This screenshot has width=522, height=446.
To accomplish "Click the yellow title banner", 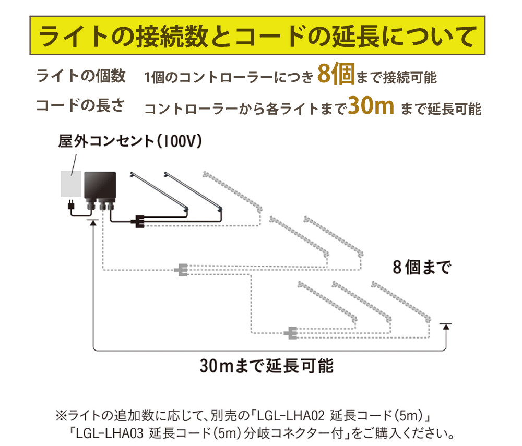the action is tap(257, 35).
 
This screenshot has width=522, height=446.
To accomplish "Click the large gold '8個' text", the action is tap(336, 74).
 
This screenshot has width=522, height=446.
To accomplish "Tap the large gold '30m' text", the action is tap(371, 106).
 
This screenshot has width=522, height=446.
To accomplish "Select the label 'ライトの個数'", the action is tap(81, 76).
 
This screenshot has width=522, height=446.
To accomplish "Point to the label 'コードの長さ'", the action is tap(80, 105).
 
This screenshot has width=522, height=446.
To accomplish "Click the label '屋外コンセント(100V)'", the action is tap(130, 141).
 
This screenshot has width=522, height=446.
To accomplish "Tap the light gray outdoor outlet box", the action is tap(71, 184).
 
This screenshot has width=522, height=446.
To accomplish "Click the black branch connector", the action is tap(139, 222).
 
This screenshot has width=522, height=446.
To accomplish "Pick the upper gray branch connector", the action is tap(182, 270).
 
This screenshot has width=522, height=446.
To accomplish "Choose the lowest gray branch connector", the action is tap(291, 333).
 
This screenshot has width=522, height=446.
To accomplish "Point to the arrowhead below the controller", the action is tap(93, 223).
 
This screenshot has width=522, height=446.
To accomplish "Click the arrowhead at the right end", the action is tap(446, 327).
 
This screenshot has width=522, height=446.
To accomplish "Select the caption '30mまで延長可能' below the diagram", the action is tap(267, 366).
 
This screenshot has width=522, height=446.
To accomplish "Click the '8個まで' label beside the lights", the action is tap(422, 268).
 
